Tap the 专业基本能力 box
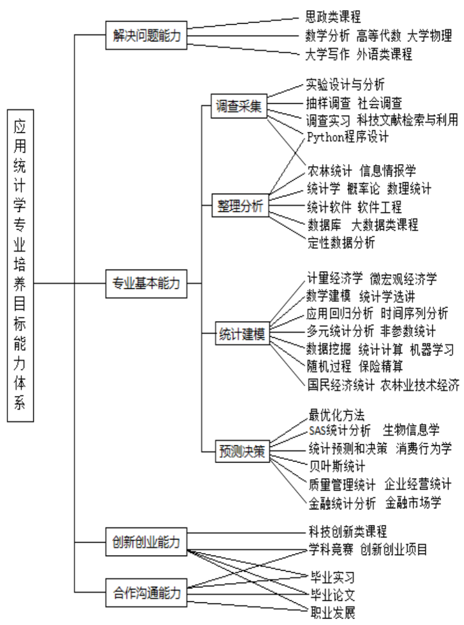(147, 282)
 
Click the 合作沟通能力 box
(147, 594)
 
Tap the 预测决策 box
(240, 450)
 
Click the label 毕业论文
(333, 595)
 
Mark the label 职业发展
(333, 613)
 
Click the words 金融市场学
(413, 503)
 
